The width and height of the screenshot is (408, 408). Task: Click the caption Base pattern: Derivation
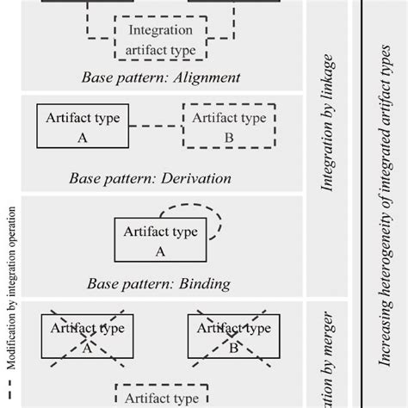(151, 178)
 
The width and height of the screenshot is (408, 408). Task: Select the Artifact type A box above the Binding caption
(159, 241)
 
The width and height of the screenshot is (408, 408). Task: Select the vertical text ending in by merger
(327, 353)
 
